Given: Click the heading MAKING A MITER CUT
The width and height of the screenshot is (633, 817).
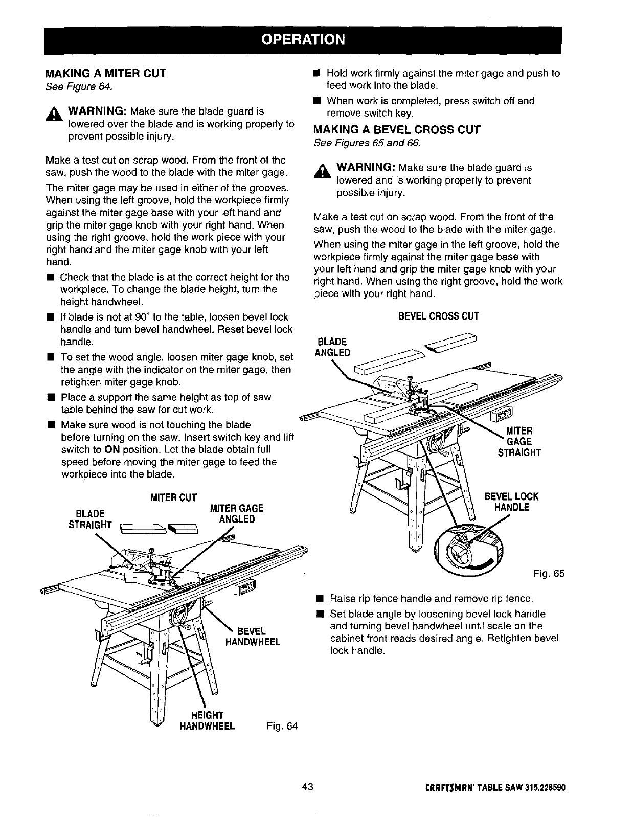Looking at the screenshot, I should pos(105,73).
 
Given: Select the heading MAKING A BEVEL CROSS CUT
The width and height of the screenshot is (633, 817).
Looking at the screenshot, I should pos(397,129).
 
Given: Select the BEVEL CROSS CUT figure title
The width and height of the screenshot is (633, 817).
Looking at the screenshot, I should pos(439,316).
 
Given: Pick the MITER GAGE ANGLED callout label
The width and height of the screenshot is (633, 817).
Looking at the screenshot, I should pos(237,514).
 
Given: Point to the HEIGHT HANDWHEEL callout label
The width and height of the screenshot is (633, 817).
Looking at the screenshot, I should pos(207,720).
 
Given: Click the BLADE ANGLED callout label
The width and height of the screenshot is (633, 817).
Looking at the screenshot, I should pos(333,347).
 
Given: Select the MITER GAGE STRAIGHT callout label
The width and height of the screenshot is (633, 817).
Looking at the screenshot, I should pos(519,441).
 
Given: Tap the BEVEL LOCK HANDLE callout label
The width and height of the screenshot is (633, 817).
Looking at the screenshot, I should pos(511,502).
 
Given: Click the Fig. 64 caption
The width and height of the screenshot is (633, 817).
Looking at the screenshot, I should pos(282,726).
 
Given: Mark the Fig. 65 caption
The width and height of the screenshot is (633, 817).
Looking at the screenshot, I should pos(549,574).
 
